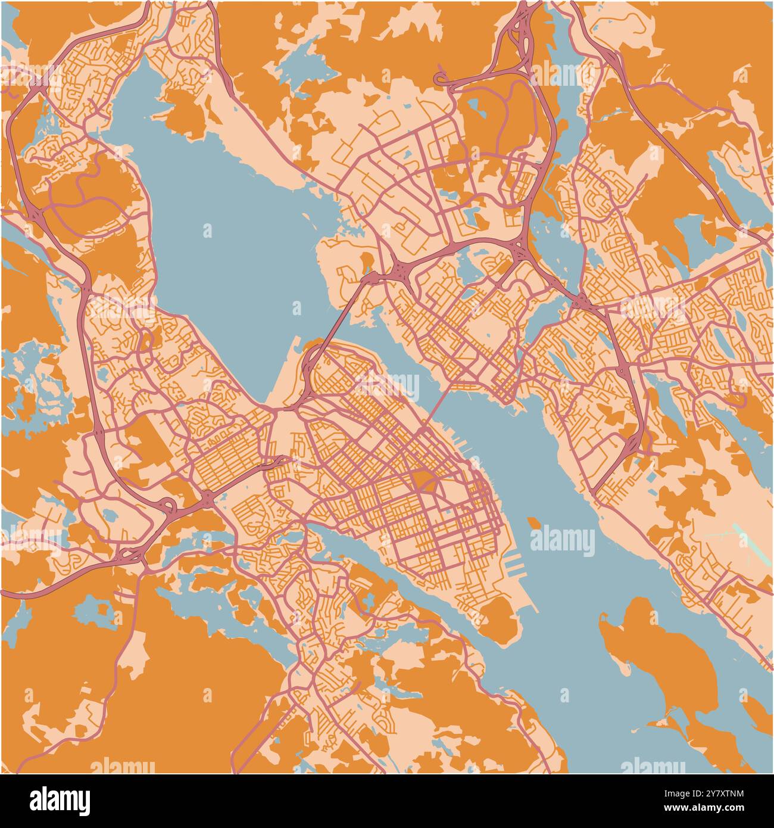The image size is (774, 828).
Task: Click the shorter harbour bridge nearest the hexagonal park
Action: (x=441, y=405)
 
